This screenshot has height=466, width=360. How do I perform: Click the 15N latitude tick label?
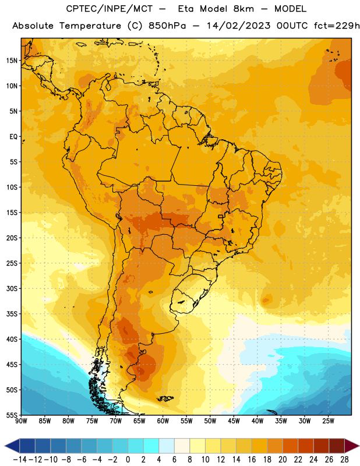[x=12, y=61]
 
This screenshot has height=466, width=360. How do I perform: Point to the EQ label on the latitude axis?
[x=13, y=137]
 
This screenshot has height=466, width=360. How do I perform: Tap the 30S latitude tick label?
[x=12, y=288]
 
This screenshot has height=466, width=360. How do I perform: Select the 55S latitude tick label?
[x=12, y=415]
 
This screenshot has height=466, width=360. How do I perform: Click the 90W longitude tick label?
[x=21, y=421]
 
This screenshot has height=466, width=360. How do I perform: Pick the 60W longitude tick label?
[x=163, y=421]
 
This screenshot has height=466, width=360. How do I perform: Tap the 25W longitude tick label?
[x=328, y=421]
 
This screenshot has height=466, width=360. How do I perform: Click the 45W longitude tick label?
[x=234, y=421]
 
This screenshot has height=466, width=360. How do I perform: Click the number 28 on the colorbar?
[x=344, y=460]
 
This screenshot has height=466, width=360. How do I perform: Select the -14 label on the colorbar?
[x=20, y=460]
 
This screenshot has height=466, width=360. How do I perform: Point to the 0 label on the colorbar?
[x=128, y=460]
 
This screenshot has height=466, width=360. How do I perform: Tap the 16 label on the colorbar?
[x=252, y=460]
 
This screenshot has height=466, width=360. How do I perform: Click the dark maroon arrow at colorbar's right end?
[x=352, y=446]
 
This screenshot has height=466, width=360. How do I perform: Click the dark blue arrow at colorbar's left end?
[x=12, y=446]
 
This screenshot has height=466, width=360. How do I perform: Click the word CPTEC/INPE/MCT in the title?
[x=110, y=9]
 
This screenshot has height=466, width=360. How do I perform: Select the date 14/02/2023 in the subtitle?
[x=239, y=26]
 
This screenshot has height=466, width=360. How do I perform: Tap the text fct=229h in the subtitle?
[x=337, y=26]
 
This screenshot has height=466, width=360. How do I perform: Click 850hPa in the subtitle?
[x=167, y=26]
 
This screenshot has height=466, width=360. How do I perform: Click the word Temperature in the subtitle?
[x=90, y=26]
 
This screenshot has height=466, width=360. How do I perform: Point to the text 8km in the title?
[x=243, y=9]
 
